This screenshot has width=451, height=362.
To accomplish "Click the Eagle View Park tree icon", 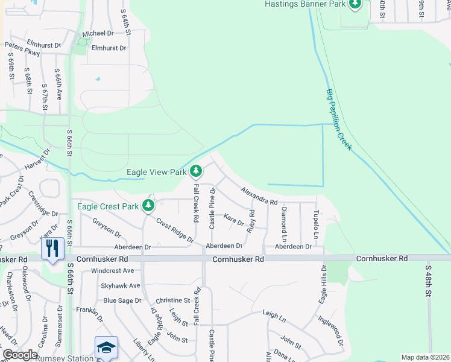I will click(x=195, y=172).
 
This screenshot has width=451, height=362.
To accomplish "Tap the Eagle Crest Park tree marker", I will click(x=148, y=206).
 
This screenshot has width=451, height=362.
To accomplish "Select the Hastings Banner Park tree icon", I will click(x=355, y=4).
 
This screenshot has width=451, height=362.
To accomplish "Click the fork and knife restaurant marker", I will click(x=52, y=247).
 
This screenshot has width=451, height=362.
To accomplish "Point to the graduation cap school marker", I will click(x=106, y=348).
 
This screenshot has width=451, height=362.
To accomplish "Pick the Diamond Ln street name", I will click(x=283, y=221).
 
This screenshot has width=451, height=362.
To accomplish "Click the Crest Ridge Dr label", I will click(x=174, y=230).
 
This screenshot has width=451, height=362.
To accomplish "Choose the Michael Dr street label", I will click(x=98, y=33).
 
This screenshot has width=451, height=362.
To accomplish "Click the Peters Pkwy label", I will click(x=22, y=49).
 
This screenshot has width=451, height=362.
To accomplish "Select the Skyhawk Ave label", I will click(x=121, y=285).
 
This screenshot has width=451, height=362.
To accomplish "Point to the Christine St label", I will click(x=172, y=300).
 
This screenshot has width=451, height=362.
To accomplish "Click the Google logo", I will click(x=19, y=355).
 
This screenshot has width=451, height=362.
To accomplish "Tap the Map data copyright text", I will click(x=424, y=357).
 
